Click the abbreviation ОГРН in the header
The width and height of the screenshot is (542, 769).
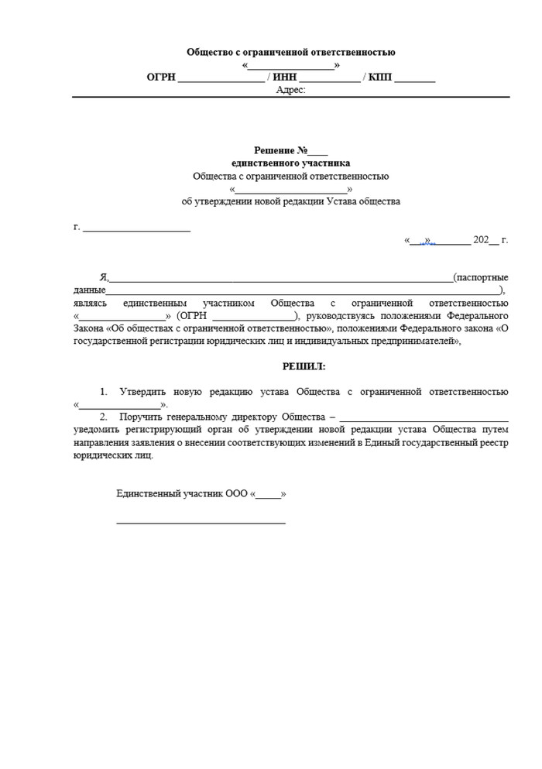click(x=162, y=77)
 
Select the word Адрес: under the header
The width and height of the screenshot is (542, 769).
click(x=290, y=90)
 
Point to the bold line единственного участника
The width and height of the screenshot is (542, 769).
click(x=290, y=163)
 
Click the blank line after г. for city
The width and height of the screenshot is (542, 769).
click(x=136, y=228)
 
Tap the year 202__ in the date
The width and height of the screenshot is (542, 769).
click(x=485, y=240)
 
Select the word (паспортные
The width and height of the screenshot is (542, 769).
click(x=481, y=277)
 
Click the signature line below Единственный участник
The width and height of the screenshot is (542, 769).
click(x=201, y=523)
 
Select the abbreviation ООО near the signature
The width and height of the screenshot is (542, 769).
click(x=237, y=493)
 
